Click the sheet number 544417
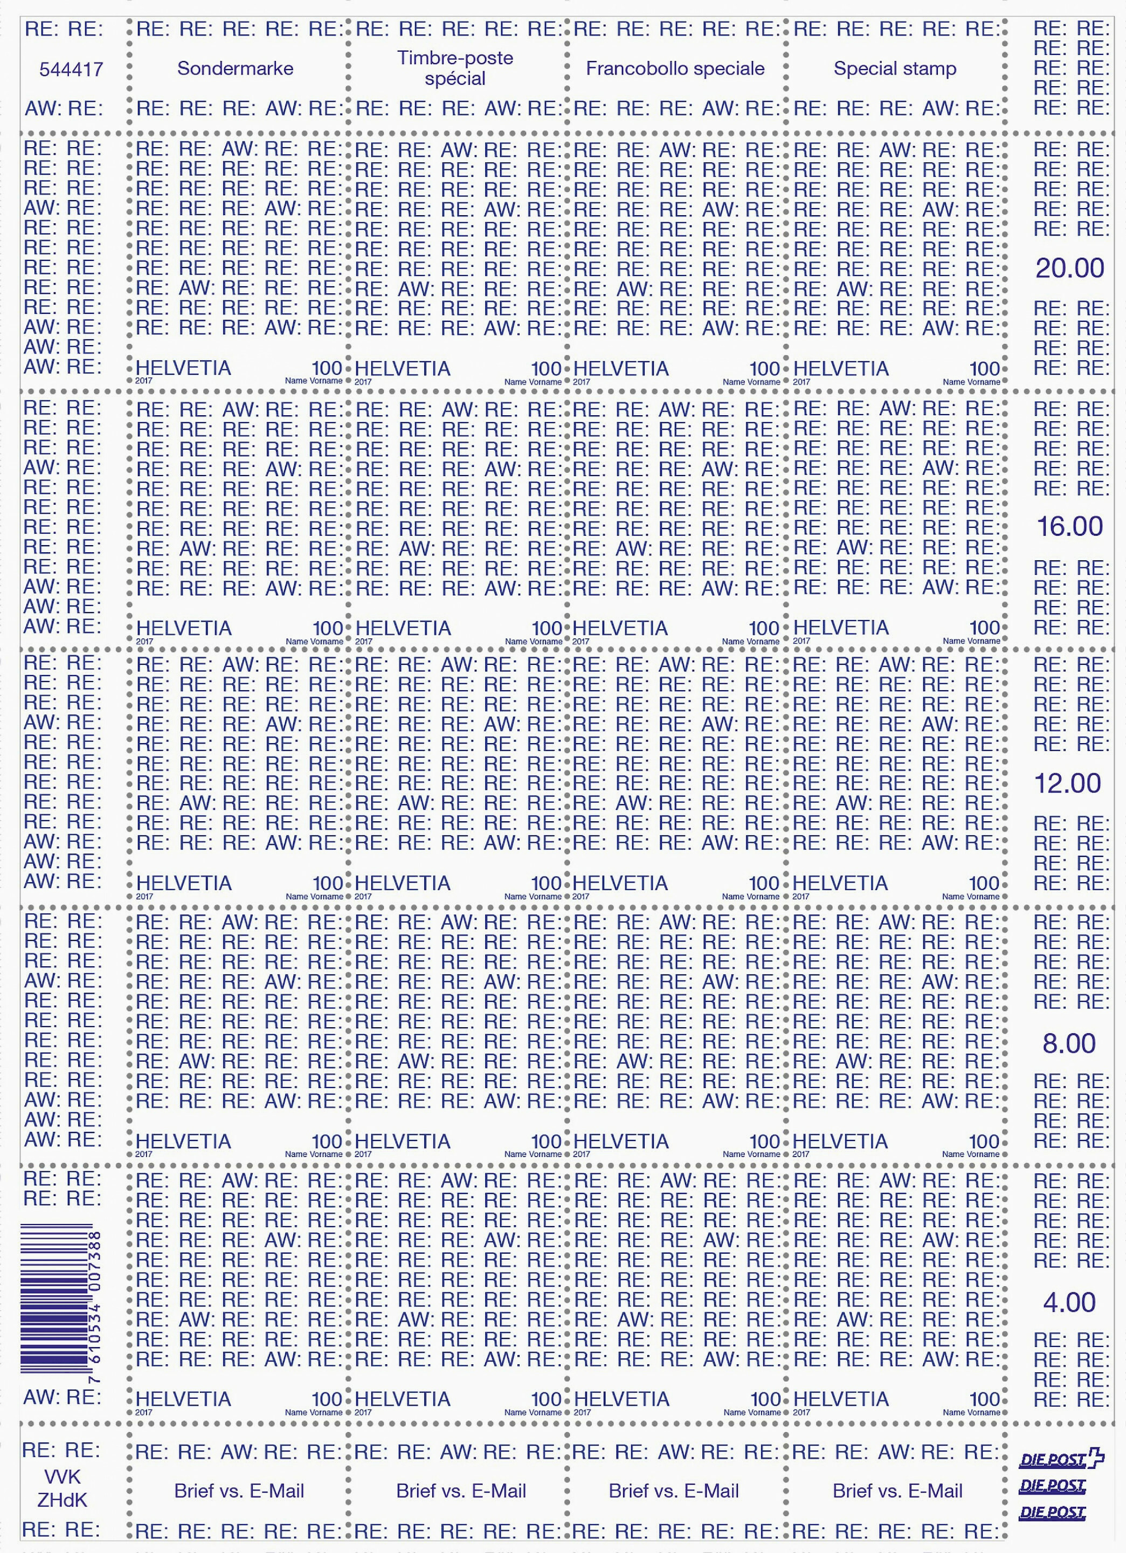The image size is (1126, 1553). click(71, 69)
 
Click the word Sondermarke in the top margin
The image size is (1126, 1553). click(235, 68)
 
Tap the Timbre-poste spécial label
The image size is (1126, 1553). click(455, 68)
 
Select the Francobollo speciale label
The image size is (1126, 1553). click(675, 68)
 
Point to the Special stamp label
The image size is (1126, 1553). click(895, 68)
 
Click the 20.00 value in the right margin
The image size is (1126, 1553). click(1069, 269)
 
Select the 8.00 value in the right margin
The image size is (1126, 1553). click(1069, 1043)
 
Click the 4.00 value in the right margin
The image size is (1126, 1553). click(1069, 1302)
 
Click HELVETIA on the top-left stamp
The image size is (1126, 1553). click(183, 368)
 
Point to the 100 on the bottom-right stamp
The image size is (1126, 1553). click(984, 1398)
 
